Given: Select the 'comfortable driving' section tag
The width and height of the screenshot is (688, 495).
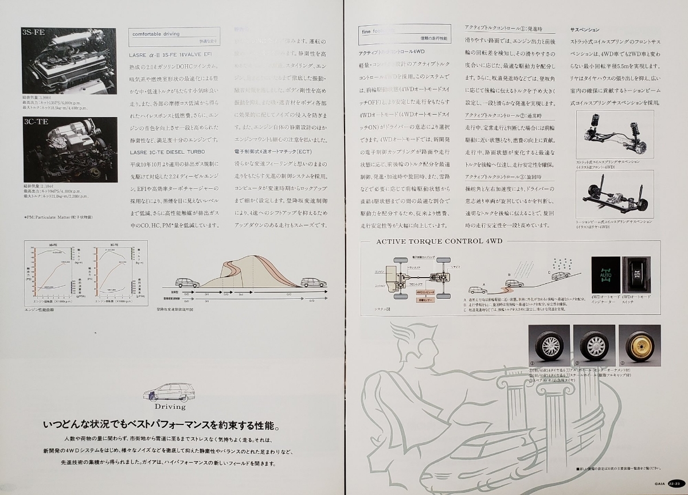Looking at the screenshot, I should [x=156, y=34].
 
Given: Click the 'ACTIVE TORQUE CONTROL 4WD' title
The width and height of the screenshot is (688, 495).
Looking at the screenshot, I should [x=439, y=241].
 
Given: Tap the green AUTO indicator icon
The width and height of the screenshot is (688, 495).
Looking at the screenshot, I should [x=605, y=275].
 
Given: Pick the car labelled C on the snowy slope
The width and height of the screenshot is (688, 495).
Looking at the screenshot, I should [x=560, y=276].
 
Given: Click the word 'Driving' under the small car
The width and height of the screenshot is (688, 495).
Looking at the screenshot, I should [x=170, y=406].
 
